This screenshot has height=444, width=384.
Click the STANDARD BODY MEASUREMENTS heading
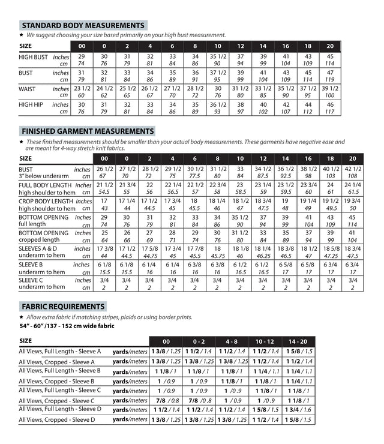pyautogui.click(x=83, y=26)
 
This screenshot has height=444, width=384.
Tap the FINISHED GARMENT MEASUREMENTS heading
pyautogui.click(x=87, y=131)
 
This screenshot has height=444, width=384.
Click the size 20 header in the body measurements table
pyautogui.click(x=330, y=46)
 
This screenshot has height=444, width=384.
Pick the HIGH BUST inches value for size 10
pyautogui.click(x=217, y=56)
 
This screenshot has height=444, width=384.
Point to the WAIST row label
pyautogui.click(x=28, y=89)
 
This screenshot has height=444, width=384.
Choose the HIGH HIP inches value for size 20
pyautogui.click(x=330, y=104)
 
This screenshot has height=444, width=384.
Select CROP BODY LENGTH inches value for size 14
pyautogui.click(x=263, y=201)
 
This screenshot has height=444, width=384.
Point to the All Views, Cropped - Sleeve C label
pyautogui.click(x=56, y=400)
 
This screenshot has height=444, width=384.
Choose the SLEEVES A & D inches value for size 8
pyautogui.click(x=217, y=248)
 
